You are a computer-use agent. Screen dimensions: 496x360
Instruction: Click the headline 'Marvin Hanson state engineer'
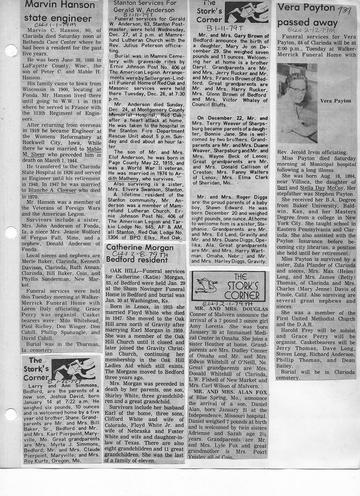[60, 12]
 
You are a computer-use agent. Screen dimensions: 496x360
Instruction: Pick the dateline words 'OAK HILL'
[122, 271]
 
